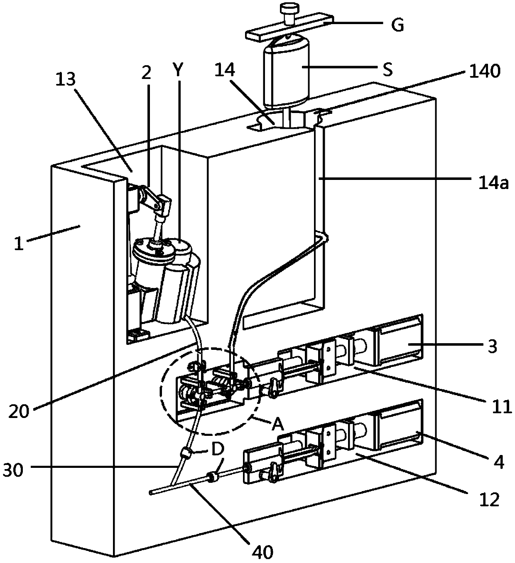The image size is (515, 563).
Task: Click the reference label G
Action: [x=397, y=25]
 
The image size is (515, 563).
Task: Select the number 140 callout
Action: [x=483, y=71]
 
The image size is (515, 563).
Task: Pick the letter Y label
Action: [x=178, y=69]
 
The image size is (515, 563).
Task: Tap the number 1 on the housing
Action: [x=20, y=244]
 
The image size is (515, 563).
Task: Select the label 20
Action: [x=19, y=411]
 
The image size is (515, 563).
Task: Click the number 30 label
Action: [x=13, y=470]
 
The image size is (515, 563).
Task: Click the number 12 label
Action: [x=489, y=499]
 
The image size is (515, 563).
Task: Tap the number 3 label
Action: [x=493, y=346]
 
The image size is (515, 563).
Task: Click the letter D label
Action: [x=218, y=450]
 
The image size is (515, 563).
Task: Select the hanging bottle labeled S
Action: [x=286, y=74]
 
